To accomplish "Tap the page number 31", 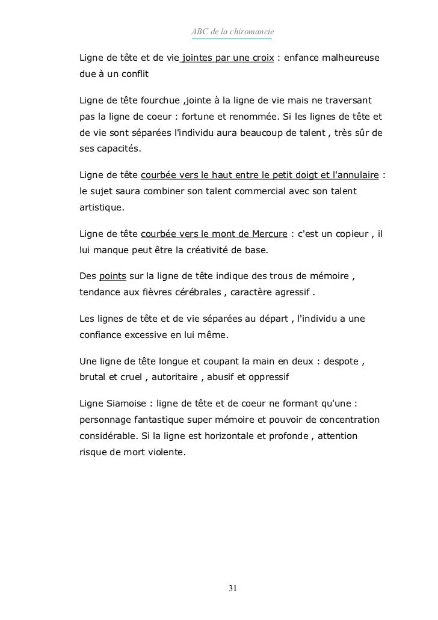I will click(232, 588).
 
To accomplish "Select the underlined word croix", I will click(261, 58).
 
